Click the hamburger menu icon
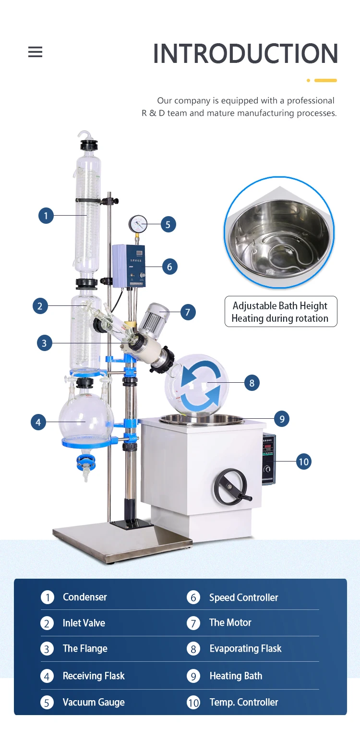35,52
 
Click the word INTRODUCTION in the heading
245,54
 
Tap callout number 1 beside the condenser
46,216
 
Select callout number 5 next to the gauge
168,224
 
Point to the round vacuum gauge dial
138,224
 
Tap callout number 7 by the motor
188,312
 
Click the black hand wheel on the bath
230,486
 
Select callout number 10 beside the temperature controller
303,462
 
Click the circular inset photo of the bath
279,233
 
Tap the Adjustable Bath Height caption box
280,312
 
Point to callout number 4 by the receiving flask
38,422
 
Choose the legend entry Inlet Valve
84,623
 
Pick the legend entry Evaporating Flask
245,649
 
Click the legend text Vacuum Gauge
94,702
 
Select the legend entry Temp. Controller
244,702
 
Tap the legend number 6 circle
193,597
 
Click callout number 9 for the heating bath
282,419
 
